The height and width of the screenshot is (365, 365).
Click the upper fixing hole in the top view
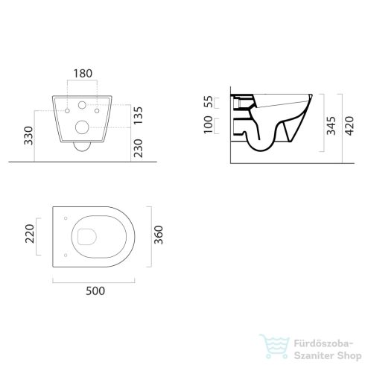(x=66, y=219)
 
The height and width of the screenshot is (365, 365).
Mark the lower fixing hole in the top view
(x=66, y=255)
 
